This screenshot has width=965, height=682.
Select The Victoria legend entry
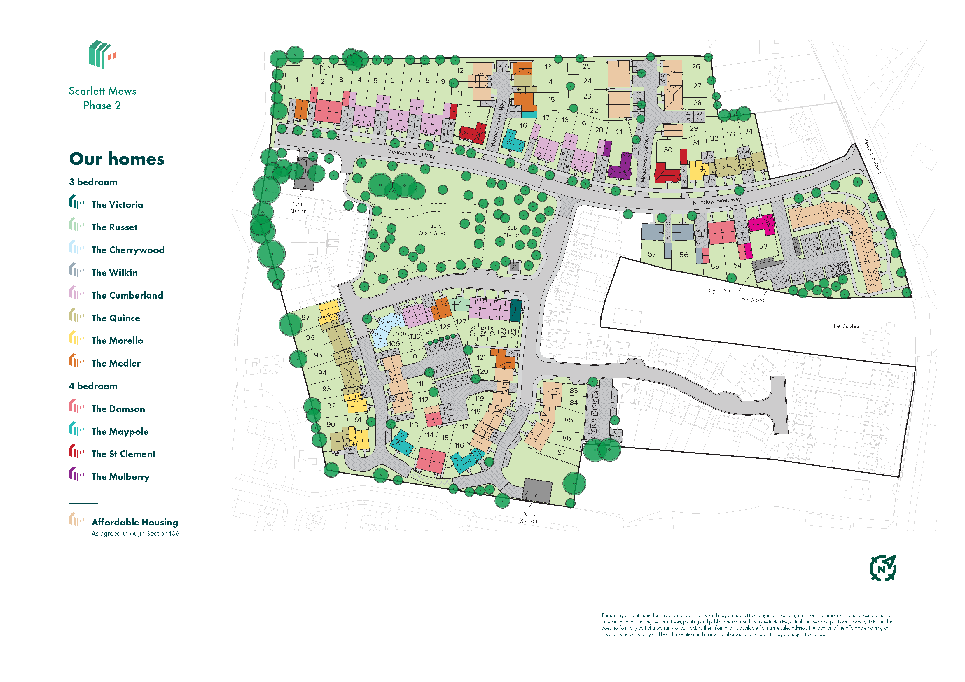pos(117,205)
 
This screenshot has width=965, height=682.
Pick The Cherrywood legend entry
pos(127,250)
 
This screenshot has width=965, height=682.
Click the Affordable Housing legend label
pos(134,522)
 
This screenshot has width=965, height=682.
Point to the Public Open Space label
pos(434,229)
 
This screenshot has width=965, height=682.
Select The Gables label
pos(844,326)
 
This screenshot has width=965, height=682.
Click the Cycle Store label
pos(723,291)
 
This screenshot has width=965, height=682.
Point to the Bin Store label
pos(752,300)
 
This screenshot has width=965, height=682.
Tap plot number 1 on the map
pos(297,80)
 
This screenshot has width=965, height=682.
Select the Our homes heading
pos(117,159)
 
